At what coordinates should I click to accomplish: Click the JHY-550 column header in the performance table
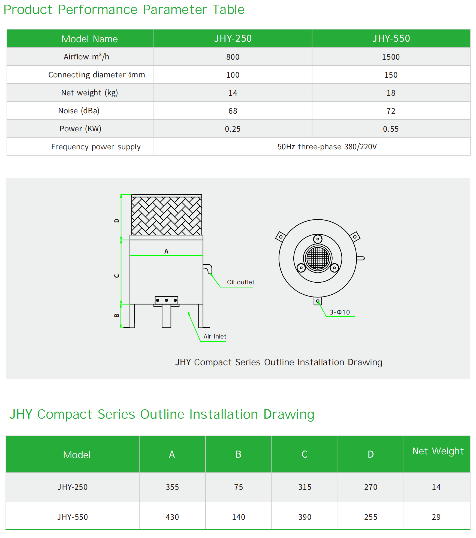click(391, 38)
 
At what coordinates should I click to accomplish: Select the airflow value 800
click(233, 57)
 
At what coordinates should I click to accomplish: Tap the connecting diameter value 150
click(391, 75)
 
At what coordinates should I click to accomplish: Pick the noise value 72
click(391, 111)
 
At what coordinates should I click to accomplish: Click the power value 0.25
click(233, 129)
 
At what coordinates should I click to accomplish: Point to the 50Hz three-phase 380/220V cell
click(327, 147)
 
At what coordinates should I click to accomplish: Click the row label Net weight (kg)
click(89, 93)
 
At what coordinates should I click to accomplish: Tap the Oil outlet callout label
click(240, 282)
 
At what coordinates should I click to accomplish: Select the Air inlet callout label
click(215, 336)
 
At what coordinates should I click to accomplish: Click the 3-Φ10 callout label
click(340, 312)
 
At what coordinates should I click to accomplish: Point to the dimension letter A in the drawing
click(166, 251)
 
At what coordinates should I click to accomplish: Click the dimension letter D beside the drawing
click(117, 220)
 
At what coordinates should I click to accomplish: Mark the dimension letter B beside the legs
click(117, 316)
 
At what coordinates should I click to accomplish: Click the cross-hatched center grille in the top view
click(318, 258)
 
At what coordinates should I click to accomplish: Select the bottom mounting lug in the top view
click(318, 301)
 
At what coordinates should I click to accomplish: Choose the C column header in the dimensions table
click(305, 454)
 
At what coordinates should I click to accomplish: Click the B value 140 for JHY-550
click(239, 517)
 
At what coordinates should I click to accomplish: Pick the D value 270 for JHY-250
click(371, 487)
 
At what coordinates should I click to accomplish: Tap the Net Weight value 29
click(436, 517)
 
